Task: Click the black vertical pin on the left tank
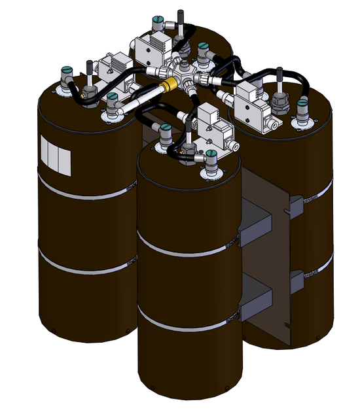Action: coord(88,70)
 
